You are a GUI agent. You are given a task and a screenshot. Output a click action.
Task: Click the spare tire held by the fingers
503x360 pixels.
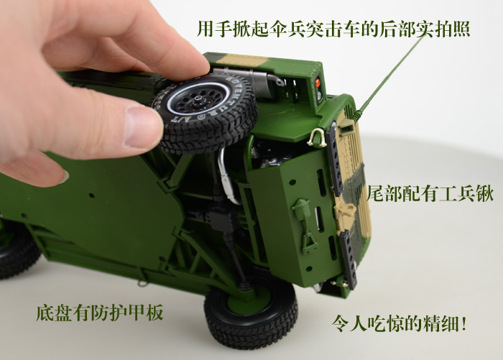[x=206, y=112]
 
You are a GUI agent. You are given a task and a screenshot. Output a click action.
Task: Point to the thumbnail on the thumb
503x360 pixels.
[x=139, y=126]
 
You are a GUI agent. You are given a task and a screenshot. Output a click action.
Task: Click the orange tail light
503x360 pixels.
[x=318, y=83]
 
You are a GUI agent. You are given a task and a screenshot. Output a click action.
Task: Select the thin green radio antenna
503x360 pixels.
[x=389, y=77]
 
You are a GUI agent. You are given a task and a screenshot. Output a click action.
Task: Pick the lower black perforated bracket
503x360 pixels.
[x=349, y=259]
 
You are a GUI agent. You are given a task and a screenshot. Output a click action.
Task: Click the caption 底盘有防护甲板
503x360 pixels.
[x=100, y=312]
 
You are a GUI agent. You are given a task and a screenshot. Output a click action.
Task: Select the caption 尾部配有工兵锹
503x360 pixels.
[x=430, y=193]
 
